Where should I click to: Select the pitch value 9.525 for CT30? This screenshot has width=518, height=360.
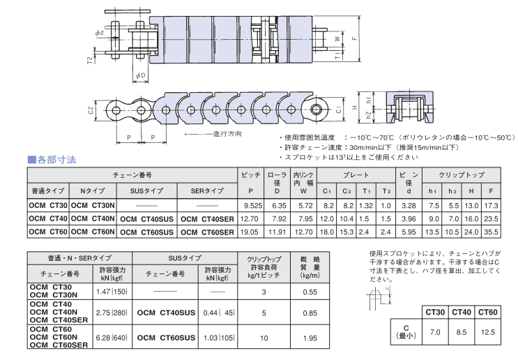(x=248, y=205)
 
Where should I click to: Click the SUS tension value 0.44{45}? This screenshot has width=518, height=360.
(x=218, y=313)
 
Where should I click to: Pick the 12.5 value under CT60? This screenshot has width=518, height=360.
(x=487, y=333)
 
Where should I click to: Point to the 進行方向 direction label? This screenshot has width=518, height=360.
(x=227, y=133)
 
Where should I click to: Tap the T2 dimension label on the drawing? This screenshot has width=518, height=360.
(x=90, y=61)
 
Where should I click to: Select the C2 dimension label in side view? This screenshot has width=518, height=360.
(x=91, y=110)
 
